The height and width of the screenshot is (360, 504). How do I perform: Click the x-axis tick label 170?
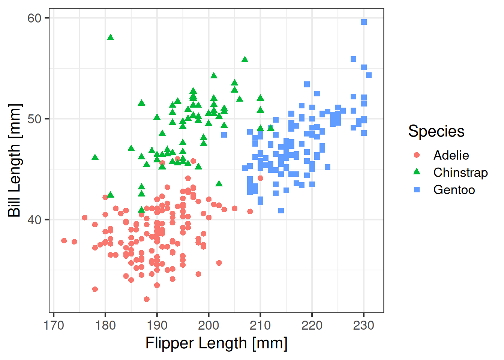coord(54,325)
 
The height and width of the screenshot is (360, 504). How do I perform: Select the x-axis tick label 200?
coord(208,325)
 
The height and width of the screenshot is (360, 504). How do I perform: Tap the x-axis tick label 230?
coord(364,325)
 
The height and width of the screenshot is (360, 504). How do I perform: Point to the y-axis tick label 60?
coord(34,18)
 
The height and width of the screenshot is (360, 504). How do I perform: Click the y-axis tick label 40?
coord(34,220)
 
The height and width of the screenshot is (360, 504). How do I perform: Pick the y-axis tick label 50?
coord(34,119)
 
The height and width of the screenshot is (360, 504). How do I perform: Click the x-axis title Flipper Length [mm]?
coord(216,343)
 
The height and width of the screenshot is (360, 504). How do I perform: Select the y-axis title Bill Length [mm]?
coord(15,160)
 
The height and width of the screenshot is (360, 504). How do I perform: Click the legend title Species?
coord(436,131)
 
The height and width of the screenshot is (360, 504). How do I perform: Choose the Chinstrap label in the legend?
coord(460,173)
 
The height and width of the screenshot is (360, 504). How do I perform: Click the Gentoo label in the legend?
coord(454,190)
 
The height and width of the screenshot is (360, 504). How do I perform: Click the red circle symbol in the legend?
coord(417,155)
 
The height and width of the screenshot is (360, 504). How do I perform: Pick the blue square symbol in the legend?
coord(417,190)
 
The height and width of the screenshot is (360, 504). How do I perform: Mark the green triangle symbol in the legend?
coord(417,172)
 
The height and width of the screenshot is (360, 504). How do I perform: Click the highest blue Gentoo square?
coord(364,22)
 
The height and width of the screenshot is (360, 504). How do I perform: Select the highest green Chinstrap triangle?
coord(111,37)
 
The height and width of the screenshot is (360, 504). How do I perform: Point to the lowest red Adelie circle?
coord(147,299)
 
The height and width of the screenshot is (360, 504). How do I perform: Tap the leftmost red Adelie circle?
coord(64,241)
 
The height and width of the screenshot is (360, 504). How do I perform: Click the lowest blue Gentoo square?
coord(281,211)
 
